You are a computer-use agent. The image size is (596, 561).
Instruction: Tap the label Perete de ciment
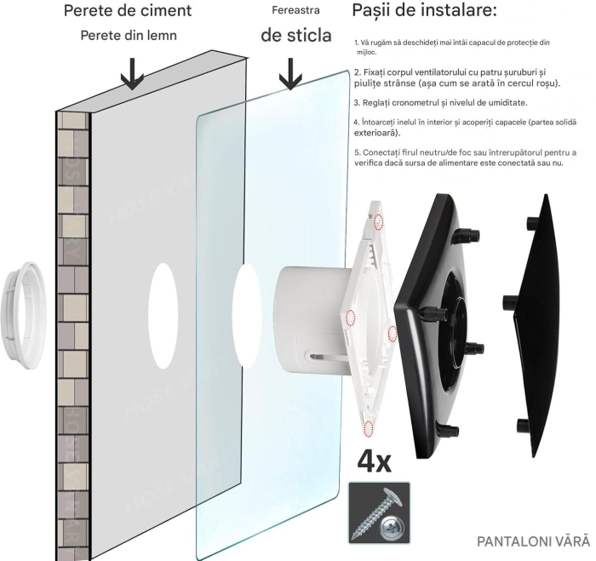click(128, 12)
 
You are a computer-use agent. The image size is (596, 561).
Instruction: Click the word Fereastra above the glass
click(294, 12)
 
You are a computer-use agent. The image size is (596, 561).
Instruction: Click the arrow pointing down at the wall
click(131, 75)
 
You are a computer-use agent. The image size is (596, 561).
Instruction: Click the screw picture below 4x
click(379, 512)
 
